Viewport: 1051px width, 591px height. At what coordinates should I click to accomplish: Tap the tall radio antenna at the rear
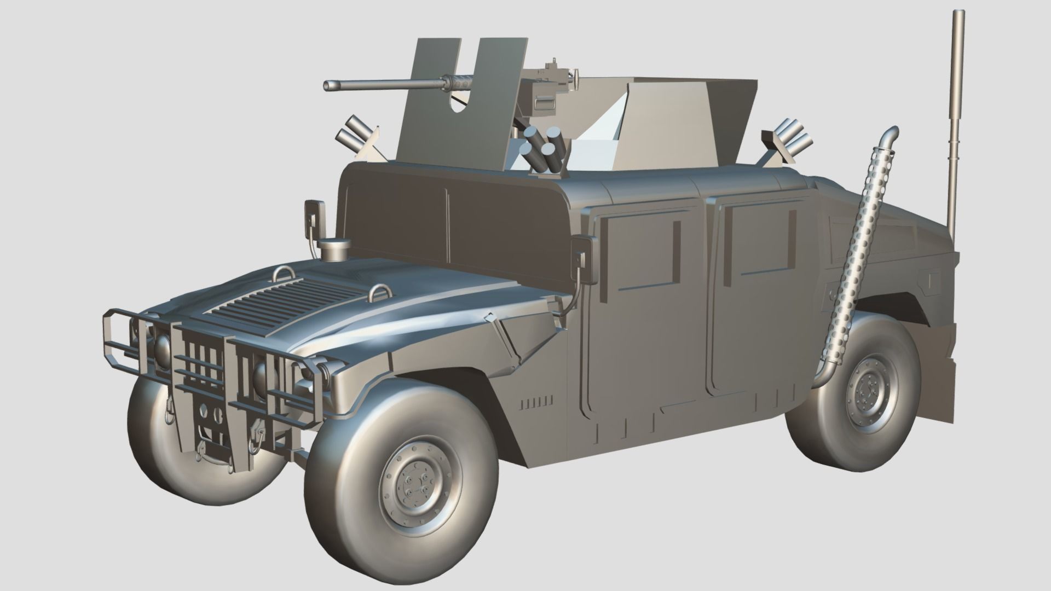pos(956,120)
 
